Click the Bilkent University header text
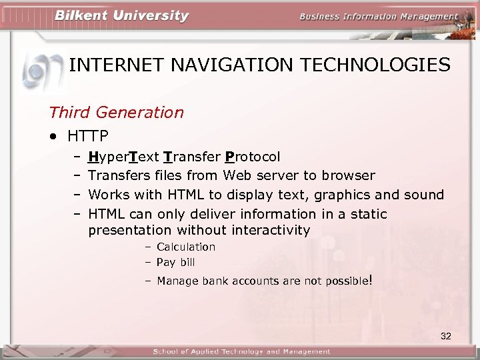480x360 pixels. [x=122, y=16]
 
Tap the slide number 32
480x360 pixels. [x=446, y=336]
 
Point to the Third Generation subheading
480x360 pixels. [x=116, y=112]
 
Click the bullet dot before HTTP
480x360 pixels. [x=53, y=137]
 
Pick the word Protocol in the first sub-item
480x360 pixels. [x=253, y=157]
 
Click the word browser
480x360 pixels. [x=348, y=175]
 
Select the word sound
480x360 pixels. [x=424, y=195]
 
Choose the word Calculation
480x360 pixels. [x=186, y=247]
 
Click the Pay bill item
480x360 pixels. [x=175, y=263]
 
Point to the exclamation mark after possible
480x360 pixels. [x=369, y=280]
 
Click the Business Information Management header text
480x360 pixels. [x=378, y=17]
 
